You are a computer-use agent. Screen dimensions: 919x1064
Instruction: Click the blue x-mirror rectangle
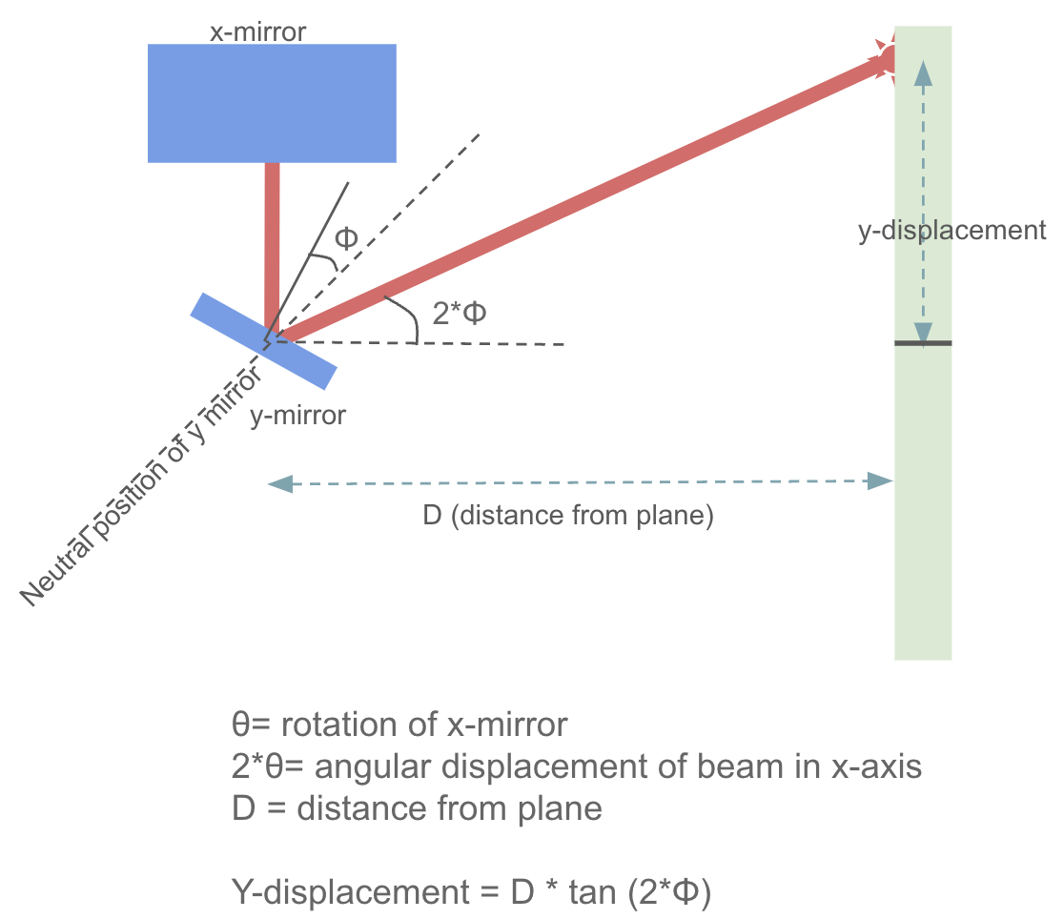tap(272, 103)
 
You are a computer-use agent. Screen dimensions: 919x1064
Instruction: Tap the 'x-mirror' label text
tap(257, 31)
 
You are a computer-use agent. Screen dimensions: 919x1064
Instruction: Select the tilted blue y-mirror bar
tap(263, 340)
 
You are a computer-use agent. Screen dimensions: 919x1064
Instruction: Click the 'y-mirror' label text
tap(297, 417)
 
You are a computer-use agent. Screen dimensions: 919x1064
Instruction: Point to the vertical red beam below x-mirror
tap(272, 238)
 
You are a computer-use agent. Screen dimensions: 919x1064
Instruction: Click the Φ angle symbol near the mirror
tap(346, 238)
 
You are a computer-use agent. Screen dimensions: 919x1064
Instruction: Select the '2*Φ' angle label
tap(460, 313)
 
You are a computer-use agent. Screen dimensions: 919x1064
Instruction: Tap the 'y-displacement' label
tap(951, 231)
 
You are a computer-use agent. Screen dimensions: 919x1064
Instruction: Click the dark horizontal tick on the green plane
tap(923, 342)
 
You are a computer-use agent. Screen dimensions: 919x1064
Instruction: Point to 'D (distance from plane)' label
tap(568, 517)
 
